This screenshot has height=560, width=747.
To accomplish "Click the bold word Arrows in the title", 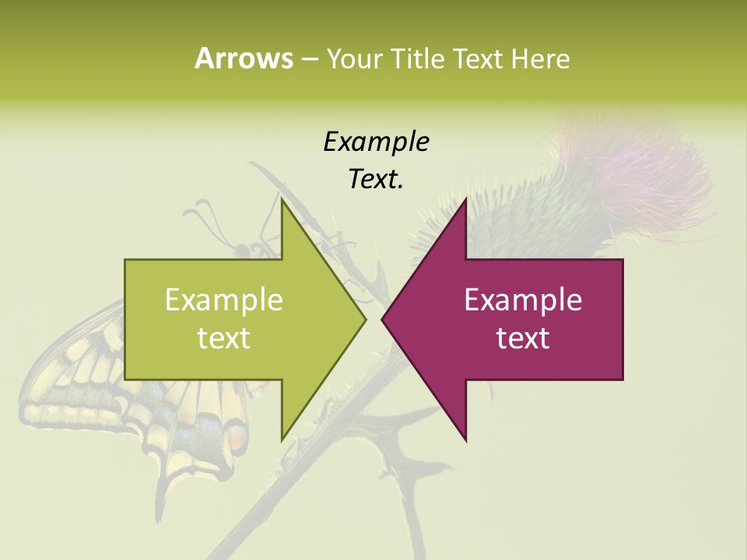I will click(x=244, y=58).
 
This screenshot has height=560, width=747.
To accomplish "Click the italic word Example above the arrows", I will click(x=377, y=142).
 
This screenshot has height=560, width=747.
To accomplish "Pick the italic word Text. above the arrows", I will click(x=377, y=180).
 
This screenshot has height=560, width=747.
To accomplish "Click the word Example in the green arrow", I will click(x=224, y=300).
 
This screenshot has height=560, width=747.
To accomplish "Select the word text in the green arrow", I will click(x=224, y=338).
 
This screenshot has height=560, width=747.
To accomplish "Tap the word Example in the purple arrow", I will click(x=523, y=300).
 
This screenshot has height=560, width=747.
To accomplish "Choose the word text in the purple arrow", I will click(x=523, y=338).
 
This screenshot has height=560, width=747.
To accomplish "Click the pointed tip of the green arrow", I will click(x=364, y=319).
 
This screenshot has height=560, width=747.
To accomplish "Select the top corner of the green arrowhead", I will click(x=282, y=201).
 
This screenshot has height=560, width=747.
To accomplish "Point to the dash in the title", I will click(x=309, y=58).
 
